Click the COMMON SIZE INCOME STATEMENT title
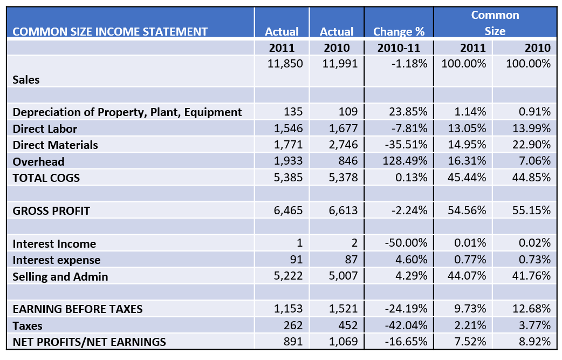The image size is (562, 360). pyautogui.click(x=110, y=31)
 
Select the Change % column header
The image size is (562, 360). pyautogui.click(x=399, y=31)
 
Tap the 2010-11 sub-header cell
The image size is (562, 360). pyautogui.click(x=399, y=47)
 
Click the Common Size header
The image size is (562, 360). pyautogui.click(x=495, y=23)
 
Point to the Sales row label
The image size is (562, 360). pyautogui.click(x=26, y=80)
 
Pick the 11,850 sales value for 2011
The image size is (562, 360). pyautogui.click(x=285, y=64)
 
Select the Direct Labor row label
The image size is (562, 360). pyautogui.click(x=45, y=129)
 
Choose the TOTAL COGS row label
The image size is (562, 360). pyautogui.click(x=46, y=178)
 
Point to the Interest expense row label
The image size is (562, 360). pyautogui.click(x=57, y=260)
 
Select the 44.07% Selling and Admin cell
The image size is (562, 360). pyautogui.click(x=467, y=276)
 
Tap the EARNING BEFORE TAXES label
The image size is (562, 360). pyautogui.click(x=78, y=309)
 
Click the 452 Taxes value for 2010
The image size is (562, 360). pyautogui.click(x=347, y=325)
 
